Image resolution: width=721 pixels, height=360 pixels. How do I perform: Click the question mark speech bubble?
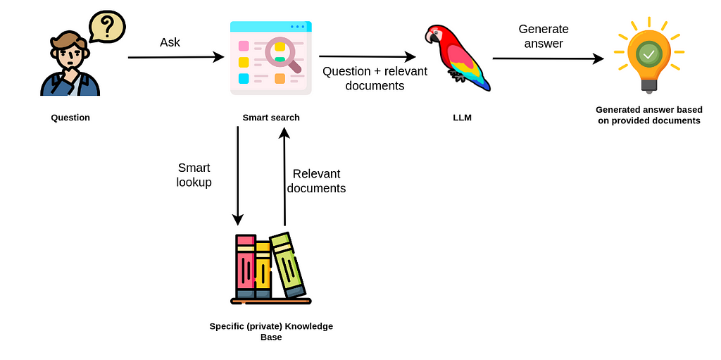point(107,27)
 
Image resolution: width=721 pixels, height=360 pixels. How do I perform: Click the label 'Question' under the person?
point(70,118)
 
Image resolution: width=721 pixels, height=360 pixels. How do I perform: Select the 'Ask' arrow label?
point(170,42)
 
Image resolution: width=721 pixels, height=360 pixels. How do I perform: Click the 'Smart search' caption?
point(271,118)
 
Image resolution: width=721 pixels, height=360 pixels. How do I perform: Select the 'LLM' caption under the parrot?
point(462,118)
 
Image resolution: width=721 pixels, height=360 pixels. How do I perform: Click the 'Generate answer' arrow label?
point(543,36)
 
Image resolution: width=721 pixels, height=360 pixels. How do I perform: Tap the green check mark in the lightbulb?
point(648,54)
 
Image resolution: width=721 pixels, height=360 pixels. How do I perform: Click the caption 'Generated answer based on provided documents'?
point(648,115)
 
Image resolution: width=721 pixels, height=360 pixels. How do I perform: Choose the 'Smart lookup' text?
point(194,175)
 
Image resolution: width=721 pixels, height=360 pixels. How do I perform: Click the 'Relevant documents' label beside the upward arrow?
point(316,181)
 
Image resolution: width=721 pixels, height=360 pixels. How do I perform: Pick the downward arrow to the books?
point(238,176)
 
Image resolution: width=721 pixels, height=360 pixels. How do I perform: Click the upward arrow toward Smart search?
point(284,176)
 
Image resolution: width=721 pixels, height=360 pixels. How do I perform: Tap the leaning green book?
point(288,265)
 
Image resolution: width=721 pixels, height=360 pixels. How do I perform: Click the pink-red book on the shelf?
point(245,268)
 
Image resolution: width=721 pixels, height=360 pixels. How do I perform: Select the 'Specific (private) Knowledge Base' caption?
point(271,331)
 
